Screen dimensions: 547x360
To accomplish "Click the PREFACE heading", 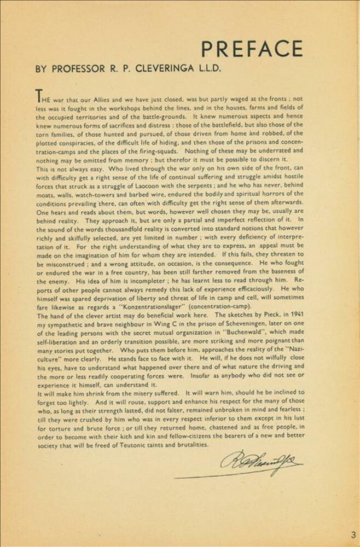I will pyautogui.click(x=252, y=49).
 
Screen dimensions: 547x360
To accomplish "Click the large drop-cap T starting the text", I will pyautogui.click(x=40, y=96).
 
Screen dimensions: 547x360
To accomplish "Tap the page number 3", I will pyautogui.click(x=353, y=534).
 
